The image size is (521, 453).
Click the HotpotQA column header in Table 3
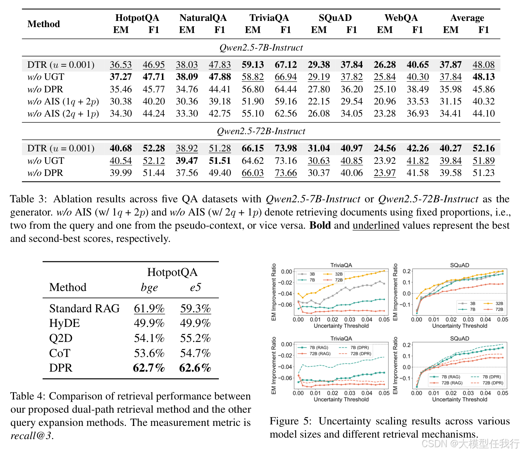click(x=137, y=18)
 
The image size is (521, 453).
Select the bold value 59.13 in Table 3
click(x=253, y=65)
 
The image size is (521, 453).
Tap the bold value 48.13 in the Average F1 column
click(x=483, y=77)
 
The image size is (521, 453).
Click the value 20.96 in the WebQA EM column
click(x=384, y=101)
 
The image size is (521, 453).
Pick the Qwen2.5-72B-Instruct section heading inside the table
click(x=261, y=131)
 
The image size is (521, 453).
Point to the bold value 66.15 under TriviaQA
click(x=253, y=148)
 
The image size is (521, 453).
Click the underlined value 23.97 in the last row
click(x=384, y=173)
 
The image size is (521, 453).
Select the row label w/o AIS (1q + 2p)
click(x=63, y=102)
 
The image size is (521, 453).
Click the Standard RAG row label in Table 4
click(x=84, y=308)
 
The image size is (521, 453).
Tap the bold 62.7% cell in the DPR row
click(x=149, y=368)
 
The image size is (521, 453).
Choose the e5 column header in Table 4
click(x=196, y=287)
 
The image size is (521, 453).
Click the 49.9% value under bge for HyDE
click(x=149, y=323)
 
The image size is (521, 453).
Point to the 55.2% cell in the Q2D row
click(x=195, y=338)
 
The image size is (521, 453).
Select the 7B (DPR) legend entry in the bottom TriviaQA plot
click(x=354, y=347)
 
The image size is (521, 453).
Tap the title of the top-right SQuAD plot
click(x=459, y=265)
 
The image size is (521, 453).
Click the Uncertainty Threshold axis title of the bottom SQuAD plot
click(x=460, y=399)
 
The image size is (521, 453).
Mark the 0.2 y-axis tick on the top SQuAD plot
click(x=407, y=271)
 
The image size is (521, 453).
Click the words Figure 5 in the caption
click(x=290, y=421)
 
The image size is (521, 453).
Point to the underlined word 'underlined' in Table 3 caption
click(x=376, y=225)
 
